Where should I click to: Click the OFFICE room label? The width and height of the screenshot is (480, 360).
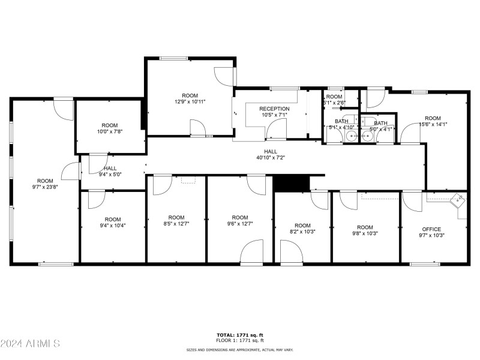[x=431, y=229]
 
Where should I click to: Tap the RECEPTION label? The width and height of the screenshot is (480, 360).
[x=274, y=109]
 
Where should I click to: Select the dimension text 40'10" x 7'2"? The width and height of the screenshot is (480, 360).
[x=271, y=158]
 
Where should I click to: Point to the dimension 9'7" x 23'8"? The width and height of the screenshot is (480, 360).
[x=45, y=187]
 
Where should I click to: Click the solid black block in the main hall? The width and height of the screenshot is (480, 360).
[x=290, y=183]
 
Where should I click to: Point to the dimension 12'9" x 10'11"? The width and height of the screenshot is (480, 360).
[x=190, y=102]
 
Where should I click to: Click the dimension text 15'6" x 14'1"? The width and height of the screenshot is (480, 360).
[x=433, y=124]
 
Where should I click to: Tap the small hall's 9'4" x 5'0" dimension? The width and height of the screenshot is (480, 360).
[x=110, y=175]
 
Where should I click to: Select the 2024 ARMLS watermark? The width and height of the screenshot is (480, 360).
[x=30, y=344]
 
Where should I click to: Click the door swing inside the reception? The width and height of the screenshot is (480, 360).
[x=277, y=127]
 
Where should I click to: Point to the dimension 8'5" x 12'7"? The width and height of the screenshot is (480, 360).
[x=176, y=224]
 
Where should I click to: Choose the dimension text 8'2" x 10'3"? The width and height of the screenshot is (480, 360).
[x=302, y=231]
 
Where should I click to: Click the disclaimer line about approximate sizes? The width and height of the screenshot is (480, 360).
[x=240, y=349]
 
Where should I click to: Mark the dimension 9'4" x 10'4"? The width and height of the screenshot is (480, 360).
[x=112, y=226]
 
